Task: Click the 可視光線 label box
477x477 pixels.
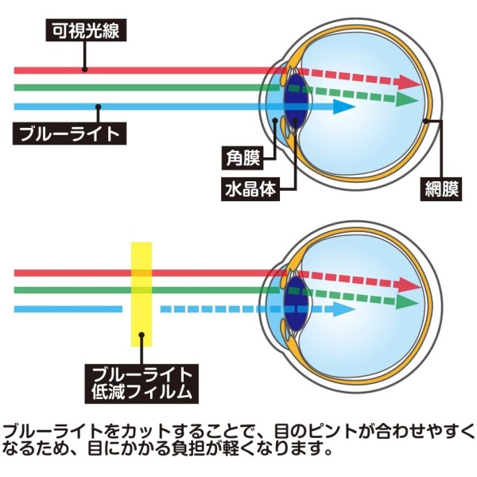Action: tap(86, 30)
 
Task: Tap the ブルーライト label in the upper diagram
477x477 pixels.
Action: tap(69, 134)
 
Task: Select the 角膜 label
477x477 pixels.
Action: tap(242, 158)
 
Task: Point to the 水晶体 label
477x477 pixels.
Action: tap(250, 189)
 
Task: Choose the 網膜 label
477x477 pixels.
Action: tap(441, 189)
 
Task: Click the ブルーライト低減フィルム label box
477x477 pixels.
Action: tap(142, 384)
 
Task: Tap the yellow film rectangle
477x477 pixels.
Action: tap(142, 294)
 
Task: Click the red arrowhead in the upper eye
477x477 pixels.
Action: tap(407, 82)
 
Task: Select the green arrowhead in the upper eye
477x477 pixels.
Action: tap(406, 99)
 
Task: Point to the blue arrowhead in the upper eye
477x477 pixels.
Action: tap(343, 107)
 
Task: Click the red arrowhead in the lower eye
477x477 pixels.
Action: tap(407, 285)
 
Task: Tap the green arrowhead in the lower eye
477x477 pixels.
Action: tap(406, 302)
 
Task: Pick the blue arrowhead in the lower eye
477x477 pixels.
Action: tap(343, 309)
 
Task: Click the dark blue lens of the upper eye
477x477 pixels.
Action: tap(296, 100)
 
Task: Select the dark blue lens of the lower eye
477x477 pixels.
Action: tap(295, 304)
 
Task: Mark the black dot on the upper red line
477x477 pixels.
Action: tap(85, 69)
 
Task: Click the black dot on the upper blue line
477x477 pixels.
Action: tap(98, 107)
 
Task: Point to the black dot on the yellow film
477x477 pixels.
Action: tap(142, 335)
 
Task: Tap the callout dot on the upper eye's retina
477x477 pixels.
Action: tap(426, 121)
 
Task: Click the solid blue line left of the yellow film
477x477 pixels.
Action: tap(68, 309)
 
